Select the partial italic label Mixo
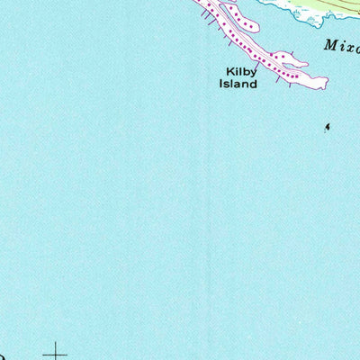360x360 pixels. pyautogui.click(x=341, y=44)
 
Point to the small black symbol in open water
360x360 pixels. pyautogui.click(x=327, y=127)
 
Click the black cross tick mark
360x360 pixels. pyautogui.click(x=57, y=352)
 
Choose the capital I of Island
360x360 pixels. pyautogui.click(x=220, y=84)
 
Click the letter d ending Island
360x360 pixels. pyautogui.click(x=254, y=84)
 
